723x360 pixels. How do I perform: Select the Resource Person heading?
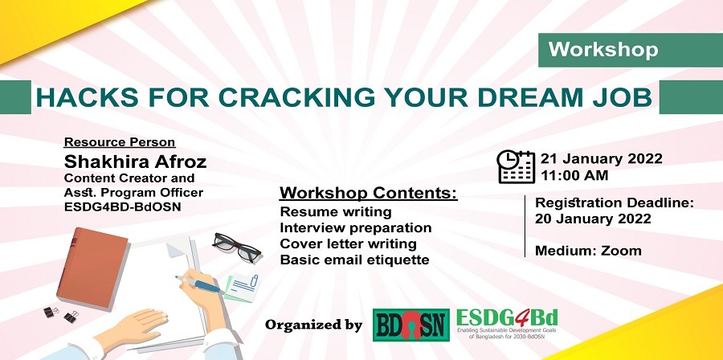click(x=120, y=142)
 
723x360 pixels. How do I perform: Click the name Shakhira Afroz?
click(x=135, y=162)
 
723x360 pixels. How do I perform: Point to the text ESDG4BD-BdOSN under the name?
click(x=122, y=207)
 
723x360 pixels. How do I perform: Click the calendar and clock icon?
click(x=516, y=167)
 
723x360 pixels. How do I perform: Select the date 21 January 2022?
click(x=601, y=158)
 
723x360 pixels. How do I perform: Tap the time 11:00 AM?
click(x=574, y=176)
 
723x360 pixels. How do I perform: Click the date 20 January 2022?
click(x=593, y=219)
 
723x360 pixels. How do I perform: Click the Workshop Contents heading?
click(x=369, y=193)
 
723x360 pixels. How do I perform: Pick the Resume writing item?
click(x=336, y=212)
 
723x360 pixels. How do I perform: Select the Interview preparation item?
click(x=356, y=228)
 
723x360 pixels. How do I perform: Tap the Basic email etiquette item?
click(x=354, y=260)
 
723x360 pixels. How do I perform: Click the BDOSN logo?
click(x=411, y=325)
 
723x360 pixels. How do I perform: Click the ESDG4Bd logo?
click(x=507, y=325)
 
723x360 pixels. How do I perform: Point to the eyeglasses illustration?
click(x=237, y=247)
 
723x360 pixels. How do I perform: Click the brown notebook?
click(x=92, y=268)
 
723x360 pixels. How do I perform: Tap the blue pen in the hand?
click(x=199, y=284)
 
